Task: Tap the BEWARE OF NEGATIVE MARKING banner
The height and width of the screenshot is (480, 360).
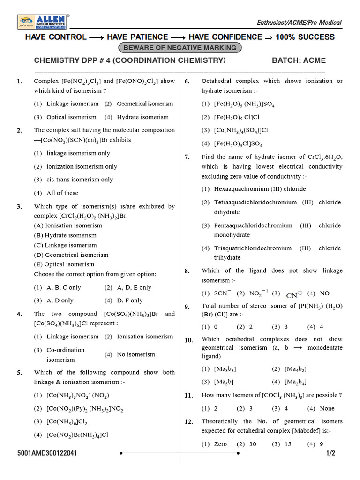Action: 180,48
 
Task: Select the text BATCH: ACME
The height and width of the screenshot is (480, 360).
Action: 299,60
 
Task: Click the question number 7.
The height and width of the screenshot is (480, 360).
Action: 187,157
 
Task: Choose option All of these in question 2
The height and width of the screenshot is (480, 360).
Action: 62,193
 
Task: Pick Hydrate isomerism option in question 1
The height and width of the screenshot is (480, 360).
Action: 142,117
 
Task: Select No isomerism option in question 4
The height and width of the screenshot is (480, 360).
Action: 136,354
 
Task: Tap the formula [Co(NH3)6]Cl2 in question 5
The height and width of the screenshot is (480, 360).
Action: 67,422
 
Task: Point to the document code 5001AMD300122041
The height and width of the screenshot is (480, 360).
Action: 47,453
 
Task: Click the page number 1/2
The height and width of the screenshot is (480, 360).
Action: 331,453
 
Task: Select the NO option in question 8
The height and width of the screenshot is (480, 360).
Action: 324,293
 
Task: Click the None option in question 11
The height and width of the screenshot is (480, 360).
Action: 327,408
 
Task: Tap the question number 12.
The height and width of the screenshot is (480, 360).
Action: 188,422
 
